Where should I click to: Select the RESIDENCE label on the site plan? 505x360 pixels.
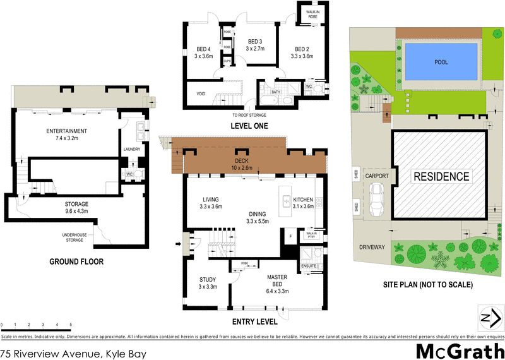pyautogui.click(x=441, y=177)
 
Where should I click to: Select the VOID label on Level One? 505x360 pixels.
pyautogui.click(x=201, y=93)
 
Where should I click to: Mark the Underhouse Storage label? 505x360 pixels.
pyautogui.click(x=74, y=237)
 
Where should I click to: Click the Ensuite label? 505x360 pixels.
pyautogui.click(x=309, y=266)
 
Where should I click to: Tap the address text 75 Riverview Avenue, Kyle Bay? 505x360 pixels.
pyautogui.click(x=73, y=354)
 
